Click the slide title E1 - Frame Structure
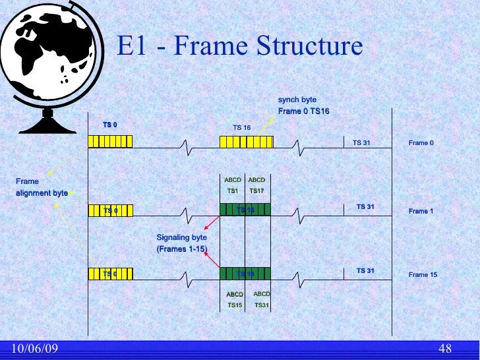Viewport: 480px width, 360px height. [x=240, y=47]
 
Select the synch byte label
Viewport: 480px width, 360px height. [x=297, y=100]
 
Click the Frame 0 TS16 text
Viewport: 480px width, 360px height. [x=303, y=111]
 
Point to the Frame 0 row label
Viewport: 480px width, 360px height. [x=421, y=142]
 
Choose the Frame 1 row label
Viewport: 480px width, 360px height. [x=421, y=211]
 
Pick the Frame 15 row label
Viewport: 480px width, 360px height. [x=423, y=274]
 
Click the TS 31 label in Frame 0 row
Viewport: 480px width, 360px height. [x=361, y=142]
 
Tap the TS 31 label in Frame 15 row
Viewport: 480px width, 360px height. [x=365, y=270]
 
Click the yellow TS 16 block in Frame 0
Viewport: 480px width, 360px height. [x=246, y=142]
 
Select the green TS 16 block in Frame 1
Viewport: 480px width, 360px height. [x=245, y=210]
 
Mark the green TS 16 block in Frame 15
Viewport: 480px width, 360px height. [x=245, y=274]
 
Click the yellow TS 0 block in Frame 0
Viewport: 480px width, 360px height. [x=110, y=142]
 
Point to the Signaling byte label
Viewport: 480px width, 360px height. [x=181, y=237]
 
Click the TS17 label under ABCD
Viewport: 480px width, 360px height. [x=256, y=191]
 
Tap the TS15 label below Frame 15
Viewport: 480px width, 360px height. [x=235, y=305]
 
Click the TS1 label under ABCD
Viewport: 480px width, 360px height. [x=232, y=191]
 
